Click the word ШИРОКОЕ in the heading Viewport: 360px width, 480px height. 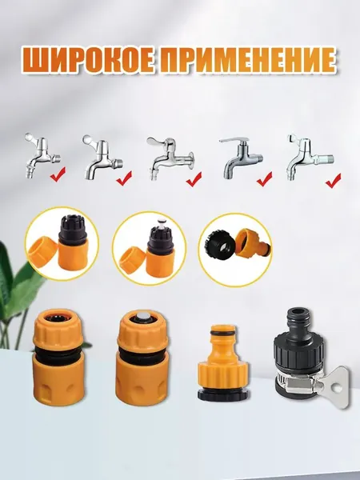tap(87, 60)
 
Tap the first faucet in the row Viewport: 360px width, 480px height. tap(42, 155)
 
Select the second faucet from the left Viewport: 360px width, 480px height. tap(102, 157)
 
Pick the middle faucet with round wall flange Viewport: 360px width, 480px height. tap(170, 158)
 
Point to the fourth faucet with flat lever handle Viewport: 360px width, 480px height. tap(241, 158)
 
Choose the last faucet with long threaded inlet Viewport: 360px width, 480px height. tap(310, 157)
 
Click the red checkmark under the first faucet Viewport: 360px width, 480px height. tap(58, 174)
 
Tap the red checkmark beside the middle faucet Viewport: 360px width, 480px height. tap(194, 179)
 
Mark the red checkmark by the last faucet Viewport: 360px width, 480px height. tap(334, 181)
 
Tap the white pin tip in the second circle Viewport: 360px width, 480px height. tap(161, 222)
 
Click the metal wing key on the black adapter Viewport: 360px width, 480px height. tap(333, 387)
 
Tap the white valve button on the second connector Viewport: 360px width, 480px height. tap(142, 317)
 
